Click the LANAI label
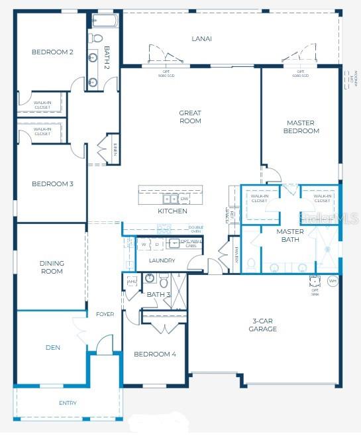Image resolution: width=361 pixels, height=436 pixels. click(202, 38)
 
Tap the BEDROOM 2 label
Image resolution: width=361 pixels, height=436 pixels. click(52, 52)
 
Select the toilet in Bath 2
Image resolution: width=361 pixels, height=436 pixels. click(97, 37)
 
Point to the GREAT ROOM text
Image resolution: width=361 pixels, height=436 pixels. click(190, 117)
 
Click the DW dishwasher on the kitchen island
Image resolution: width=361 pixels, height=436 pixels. click(184, 199)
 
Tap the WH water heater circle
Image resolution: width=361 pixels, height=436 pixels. click(333, 281)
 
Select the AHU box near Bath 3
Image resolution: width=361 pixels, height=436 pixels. click(131, 281)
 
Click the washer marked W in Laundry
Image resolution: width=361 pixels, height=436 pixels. click(144, 244)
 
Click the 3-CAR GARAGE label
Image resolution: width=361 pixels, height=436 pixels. click(263, 325)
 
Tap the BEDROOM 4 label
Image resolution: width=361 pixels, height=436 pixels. click(155, 354)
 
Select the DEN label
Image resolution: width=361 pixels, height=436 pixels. click(53, 347)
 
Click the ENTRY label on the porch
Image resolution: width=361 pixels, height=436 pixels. click(68, 403)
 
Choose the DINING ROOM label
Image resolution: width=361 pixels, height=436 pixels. click(52, 267)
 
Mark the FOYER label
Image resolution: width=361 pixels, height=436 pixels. click(105, 314)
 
